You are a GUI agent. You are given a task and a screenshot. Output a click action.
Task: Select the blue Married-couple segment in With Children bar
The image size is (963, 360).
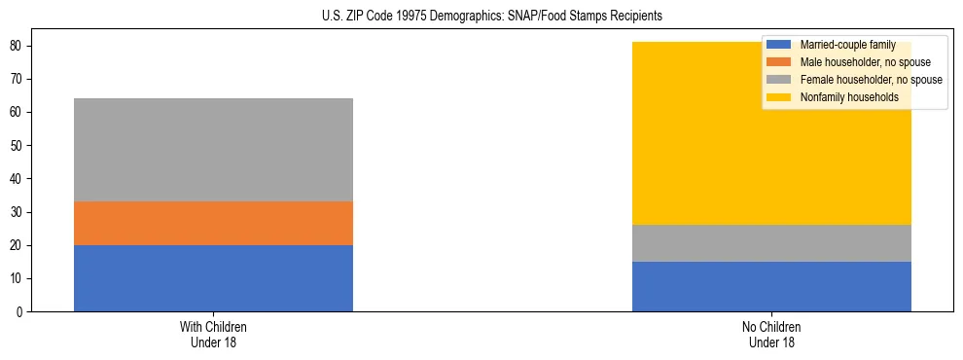coord(213,278)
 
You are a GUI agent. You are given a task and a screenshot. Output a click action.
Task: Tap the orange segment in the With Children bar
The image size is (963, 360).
coord(213,223)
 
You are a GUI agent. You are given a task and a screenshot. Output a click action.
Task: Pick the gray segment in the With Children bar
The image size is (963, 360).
coord(213,150)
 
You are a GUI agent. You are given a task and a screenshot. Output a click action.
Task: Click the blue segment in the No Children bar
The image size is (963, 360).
coord(771,286)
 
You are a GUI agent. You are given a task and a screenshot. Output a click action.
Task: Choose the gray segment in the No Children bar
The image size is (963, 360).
coord(771,243)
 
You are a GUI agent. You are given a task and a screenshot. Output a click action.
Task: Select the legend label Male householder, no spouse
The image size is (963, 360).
coord(865,62)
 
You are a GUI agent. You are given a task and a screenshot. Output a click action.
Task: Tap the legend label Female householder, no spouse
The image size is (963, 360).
coord(871,80)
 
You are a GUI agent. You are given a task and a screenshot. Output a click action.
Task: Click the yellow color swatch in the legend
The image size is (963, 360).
coord(779,97)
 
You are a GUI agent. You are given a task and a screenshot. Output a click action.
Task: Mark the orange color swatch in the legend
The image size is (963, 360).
coord(779,62)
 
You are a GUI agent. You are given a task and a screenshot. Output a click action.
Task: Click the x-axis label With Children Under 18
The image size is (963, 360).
coord(213,335)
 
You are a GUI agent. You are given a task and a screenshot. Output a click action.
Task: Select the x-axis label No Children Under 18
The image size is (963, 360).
coord(771,335)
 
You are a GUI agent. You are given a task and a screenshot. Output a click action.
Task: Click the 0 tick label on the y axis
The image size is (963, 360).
coord(20,311)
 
